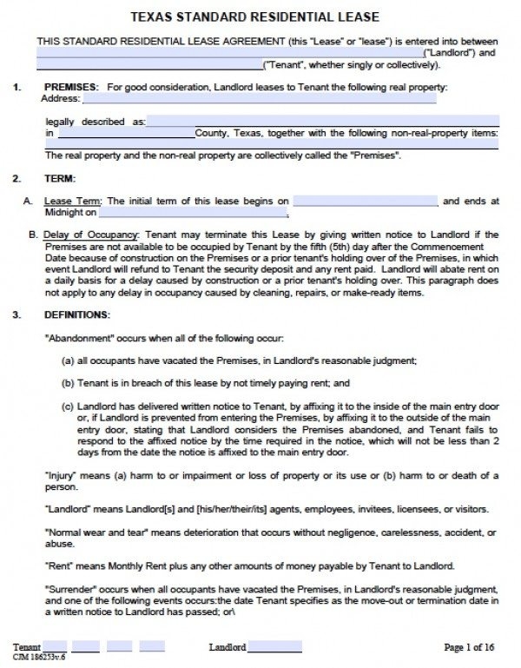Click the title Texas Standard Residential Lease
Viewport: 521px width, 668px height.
point(260,17)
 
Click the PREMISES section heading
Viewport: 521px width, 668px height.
point(71,87)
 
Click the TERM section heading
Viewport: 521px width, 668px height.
point(58,179)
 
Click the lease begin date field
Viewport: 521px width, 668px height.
point(364,201)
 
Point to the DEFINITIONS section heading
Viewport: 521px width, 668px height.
point(77,314)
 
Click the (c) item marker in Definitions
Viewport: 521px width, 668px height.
point(67,405)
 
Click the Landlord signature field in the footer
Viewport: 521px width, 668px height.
point(275,647)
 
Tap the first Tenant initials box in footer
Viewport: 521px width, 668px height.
point(54,647)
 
